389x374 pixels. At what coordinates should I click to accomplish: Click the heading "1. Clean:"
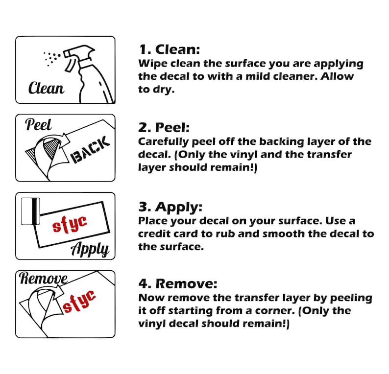[170, 49]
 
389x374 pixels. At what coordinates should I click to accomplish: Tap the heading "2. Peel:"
[164, 128]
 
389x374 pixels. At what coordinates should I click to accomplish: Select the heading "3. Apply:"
[170, 206]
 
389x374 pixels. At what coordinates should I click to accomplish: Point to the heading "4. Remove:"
[178, 284]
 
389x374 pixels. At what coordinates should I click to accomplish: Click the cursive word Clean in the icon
[46, 89]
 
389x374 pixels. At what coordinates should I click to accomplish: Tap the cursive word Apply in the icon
[90, 248]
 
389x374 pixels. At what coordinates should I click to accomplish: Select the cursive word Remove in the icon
[43, 279]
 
